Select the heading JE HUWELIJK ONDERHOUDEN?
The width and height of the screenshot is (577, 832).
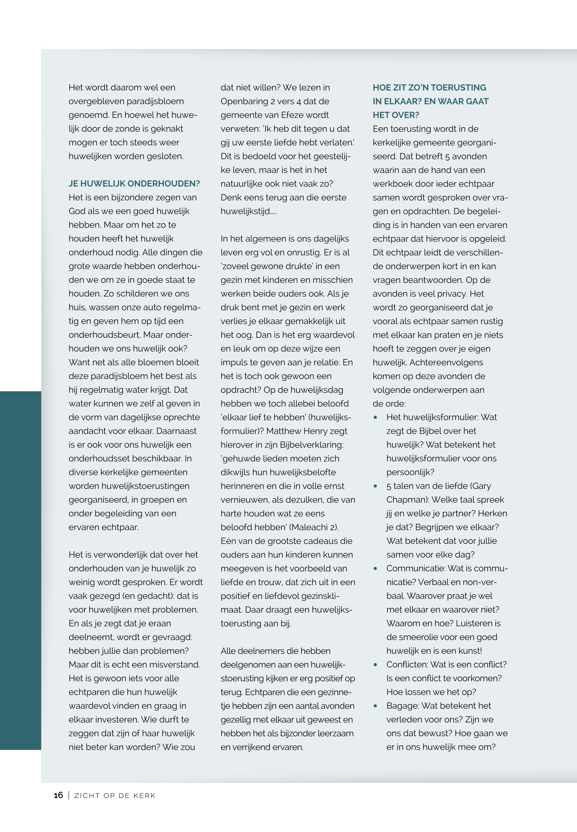click(134, 184)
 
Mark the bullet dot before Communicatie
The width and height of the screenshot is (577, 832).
click(376, 568)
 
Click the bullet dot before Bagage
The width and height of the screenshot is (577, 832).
click(376, 706)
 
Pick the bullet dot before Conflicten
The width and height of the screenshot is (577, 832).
click(376, 665)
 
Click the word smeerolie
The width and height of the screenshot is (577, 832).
click(419, 637)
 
